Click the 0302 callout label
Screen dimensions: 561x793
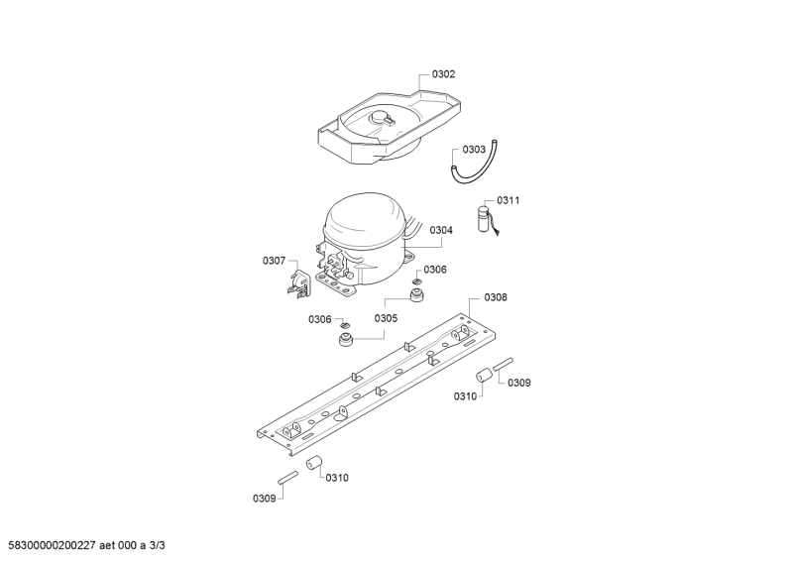click(443, 74)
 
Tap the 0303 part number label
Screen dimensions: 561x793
click(474, 150)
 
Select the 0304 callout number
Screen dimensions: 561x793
click(441, 230)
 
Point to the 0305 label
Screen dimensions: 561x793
click(386, 318)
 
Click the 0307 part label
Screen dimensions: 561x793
click(274, 261)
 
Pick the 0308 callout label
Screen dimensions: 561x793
click(496, 297)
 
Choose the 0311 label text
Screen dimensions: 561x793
click(508, 200)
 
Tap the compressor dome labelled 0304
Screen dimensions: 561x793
click(364, 222)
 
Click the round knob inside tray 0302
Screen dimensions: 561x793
click(381, 120)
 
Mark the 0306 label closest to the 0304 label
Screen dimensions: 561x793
click(435, 269)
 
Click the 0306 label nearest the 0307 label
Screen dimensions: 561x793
click(319, 318)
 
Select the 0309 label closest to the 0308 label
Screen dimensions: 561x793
click(519, 382)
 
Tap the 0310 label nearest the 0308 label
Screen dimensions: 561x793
click(466, 396)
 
